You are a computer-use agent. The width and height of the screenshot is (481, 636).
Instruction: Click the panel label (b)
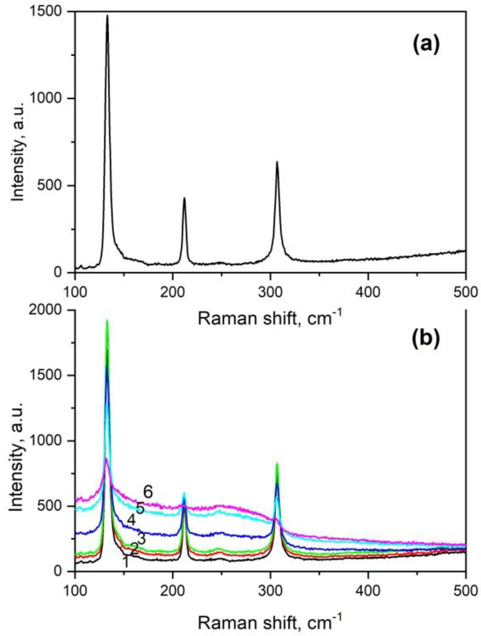[426, 338]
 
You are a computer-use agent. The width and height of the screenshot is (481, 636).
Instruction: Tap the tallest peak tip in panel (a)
[107, 16]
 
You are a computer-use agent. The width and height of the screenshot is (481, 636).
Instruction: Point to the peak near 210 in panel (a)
[184, 198]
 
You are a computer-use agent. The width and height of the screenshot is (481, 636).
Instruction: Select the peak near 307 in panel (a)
[277, 162]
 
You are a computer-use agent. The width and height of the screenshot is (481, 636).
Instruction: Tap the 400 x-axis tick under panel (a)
[368, 292]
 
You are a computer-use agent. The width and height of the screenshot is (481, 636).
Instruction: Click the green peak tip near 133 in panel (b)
[107, 320]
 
